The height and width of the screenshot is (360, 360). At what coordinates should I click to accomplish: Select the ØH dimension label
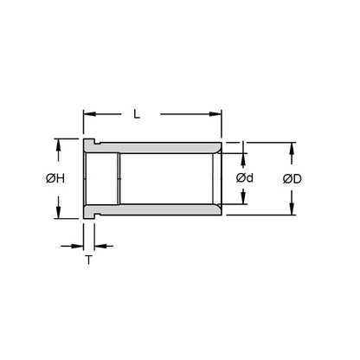[55, 179]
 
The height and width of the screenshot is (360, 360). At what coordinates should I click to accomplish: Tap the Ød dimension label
[245, 179]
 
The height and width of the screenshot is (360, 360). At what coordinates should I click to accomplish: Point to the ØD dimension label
[292, 179]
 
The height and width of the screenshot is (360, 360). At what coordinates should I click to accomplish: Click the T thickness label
[89, 260]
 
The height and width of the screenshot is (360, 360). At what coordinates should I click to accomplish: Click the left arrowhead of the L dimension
[88, 113]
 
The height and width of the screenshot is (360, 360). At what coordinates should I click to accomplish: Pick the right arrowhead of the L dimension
[217, 113]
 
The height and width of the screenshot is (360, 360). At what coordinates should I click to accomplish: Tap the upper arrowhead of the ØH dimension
[59, 145]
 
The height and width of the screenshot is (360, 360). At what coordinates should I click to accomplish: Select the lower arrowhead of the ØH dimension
[59, 214]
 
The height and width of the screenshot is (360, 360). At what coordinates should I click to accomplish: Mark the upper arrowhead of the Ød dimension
[245, 158]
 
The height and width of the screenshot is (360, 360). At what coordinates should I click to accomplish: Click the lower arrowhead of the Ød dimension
[245, 201]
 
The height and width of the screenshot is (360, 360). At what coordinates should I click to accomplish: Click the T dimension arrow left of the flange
[76, 245]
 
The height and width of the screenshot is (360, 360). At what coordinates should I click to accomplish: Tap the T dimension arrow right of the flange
[103, 245]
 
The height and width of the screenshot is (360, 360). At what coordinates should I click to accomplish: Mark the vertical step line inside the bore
[119, 179]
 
